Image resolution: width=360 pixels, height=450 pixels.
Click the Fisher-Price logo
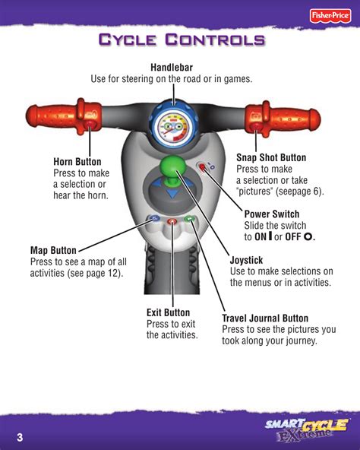pos(330,15)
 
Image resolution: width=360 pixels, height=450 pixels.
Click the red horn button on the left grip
pos(90,125)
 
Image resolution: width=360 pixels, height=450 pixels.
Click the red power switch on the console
pos(202,166)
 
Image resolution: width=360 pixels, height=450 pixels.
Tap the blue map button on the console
pos(154,218)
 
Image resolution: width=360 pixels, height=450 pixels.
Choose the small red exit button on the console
pos(172,221)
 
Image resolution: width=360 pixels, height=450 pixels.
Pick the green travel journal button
pos(189,219)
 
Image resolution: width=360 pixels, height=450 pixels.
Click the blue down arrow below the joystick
pos(172,194)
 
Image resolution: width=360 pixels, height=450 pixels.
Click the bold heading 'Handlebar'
pos(172,68)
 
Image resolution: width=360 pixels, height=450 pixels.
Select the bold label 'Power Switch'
pos(272,214)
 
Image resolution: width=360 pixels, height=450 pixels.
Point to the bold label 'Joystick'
pos(246,260)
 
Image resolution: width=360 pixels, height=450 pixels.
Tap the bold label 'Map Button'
pos(53,250)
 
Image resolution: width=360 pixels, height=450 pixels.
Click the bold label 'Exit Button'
pos(168,312)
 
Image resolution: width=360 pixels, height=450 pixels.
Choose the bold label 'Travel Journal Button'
pos(265,318)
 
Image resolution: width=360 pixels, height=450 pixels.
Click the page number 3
pos(20,437)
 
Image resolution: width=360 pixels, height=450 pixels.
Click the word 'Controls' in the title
pos(215,40)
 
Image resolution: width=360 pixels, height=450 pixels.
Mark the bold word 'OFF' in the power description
pos(293,237)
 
